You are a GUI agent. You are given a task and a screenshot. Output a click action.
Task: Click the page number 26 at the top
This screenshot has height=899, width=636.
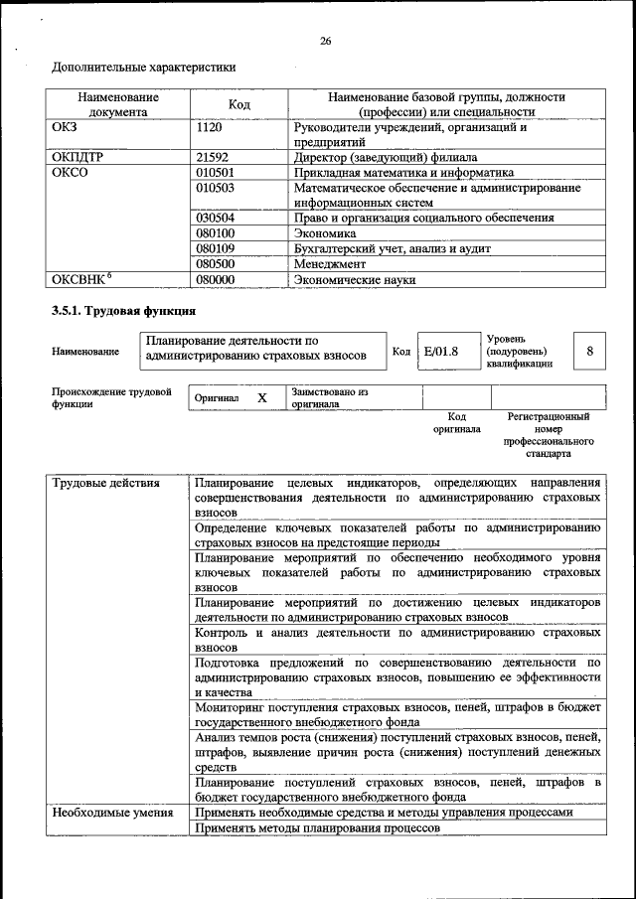(325, 41)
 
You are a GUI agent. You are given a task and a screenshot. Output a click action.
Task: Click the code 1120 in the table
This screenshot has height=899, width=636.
(209, 128)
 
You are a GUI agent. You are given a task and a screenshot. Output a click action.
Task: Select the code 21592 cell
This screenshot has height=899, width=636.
(213, 157)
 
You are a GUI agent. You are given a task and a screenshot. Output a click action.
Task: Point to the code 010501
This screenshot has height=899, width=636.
(215, 172)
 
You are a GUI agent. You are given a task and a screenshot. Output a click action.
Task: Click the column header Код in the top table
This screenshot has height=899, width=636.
(238, 104)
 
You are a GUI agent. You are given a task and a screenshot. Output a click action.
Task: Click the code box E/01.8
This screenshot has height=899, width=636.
(439, 352)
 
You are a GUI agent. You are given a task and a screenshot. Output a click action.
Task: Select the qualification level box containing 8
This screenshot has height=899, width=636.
(590, 352)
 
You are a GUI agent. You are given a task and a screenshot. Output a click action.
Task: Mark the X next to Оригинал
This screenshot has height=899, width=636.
(262, 397)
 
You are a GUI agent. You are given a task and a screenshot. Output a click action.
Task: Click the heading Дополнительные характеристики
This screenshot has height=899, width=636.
(143, 68)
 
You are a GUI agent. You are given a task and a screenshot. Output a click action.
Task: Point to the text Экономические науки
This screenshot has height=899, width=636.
(355, 280)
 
